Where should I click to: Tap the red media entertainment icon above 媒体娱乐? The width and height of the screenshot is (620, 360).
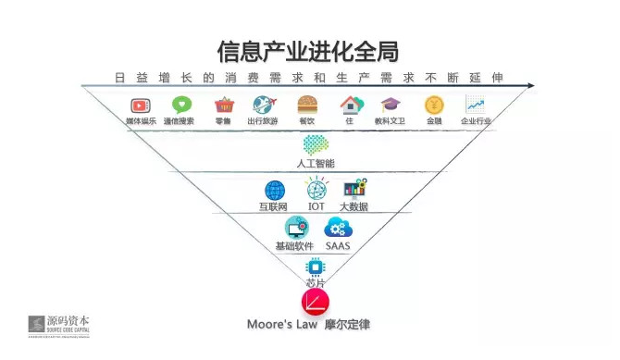pyautogui.click(x=141, y=106)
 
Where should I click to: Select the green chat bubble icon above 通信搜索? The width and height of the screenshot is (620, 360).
pyautogui.click(x=180, y=106)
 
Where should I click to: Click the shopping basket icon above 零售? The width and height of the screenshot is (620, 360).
pyautogui.click(x=223, y=106)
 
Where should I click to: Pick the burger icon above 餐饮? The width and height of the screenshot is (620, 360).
pyautogui.click(x=307, y=105)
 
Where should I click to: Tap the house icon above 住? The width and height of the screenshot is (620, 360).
pyautogui.click(x=349, y=105)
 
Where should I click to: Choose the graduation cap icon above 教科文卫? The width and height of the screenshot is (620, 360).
pyautogui.click(x=390, y=105)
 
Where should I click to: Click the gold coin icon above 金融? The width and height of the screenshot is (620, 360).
pyautogui.click(x=433, y=105)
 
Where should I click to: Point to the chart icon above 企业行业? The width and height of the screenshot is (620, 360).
pyautogui.click(x=476, y=105)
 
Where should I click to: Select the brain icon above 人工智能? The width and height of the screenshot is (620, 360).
pyautogui.click(x=316, y=144)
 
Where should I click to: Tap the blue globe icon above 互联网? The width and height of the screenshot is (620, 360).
pyautogui.click(x=275, y=191)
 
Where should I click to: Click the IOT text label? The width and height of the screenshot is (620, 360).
pyautogui.click(x=316, y=206)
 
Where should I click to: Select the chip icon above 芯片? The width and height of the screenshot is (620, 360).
pyautogui.click(x=315, y=267)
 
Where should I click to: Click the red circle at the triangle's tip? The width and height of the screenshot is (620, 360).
pyautogui.click(x=315, y=303)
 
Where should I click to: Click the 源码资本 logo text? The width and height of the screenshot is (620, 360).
pyautogui.click(x=69, y=322)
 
